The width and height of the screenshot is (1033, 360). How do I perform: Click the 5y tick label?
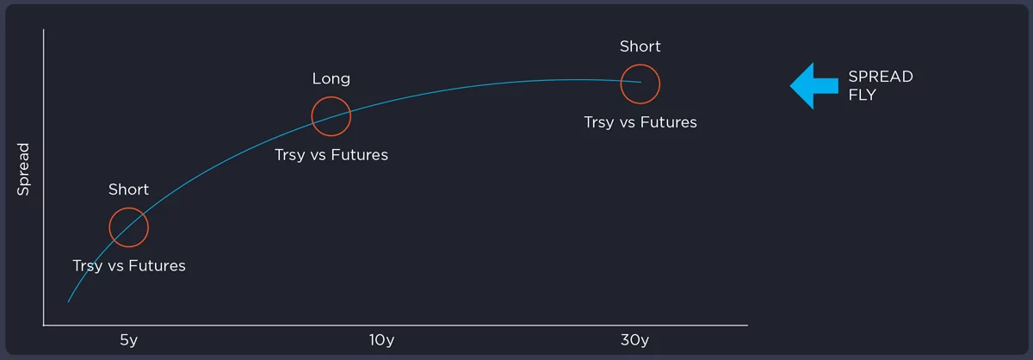pos(128,340)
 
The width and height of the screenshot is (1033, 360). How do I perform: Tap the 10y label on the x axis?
pos(381,340)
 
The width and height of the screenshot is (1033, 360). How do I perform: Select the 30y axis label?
pos(634,340)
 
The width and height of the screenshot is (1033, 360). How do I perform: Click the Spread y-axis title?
pos(23,170)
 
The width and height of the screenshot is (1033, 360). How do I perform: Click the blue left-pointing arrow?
pos(814,86)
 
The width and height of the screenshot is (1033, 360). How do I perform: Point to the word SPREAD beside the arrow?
pos(881,77)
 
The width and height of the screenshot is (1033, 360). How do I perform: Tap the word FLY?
pos(862,95)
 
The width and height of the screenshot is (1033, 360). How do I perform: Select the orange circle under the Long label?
pos(331,97)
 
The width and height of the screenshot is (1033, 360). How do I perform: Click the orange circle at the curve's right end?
pos(640,65)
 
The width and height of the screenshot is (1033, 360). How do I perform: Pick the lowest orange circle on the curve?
pos(128,208)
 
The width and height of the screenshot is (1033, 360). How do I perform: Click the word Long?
pos(331,79)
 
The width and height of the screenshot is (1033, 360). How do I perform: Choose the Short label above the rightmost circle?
pos(640,47)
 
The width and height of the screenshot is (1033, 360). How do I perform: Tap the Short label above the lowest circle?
pos(128,189)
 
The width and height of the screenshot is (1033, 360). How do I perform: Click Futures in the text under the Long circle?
pos(360,155)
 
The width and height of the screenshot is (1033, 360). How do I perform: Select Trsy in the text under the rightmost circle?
pos(599,123)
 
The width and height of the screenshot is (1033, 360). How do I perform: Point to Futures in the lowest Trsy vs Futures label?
pos(157,266)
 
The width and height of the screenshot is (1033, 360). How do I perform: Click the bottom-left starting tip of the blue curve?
pos(68,302)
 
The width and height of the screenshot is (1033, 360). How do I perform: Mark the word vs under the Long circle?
pos(319,156)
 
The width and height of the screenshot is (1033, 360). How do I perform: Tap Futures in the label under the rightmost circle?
pos(669,122)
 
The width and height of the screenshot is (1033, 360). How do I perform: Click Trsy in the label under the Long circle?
pos(289,156)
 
